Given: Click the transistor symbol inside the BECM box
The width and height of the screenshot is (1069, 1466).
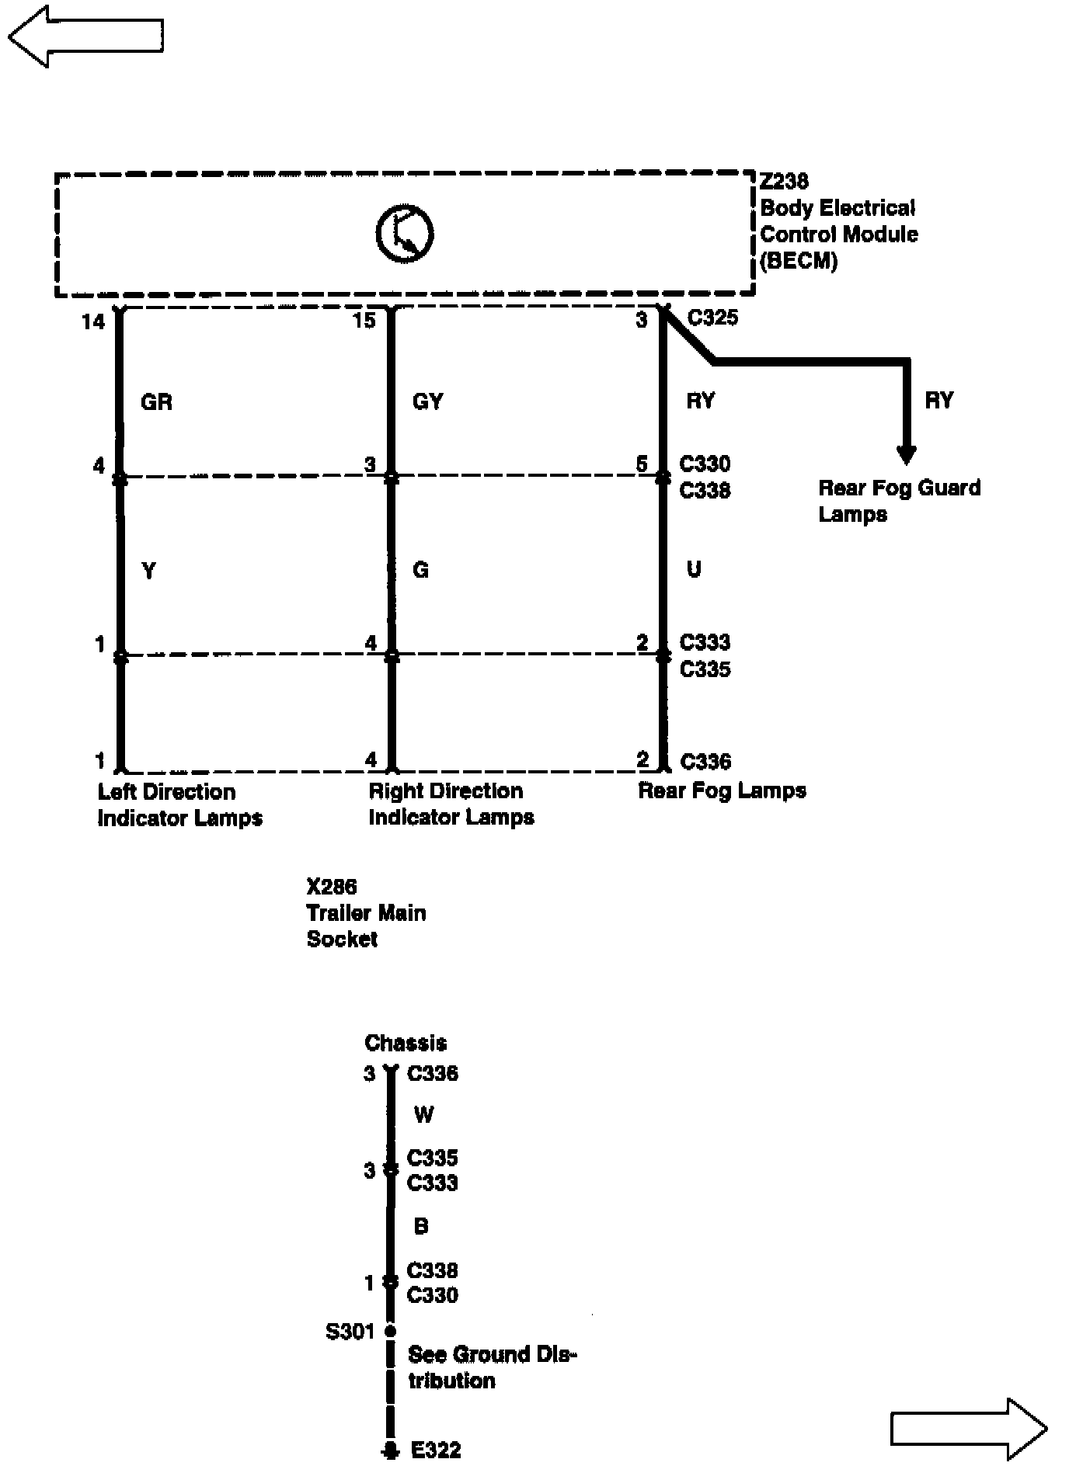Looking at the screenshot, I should tap(404, 234).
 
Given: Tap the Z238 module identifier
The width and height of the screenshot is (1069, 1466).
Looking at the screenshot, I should tap(784, 181).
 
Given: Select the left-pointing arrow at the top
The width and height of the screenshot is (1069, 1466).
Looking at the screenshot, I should tap(85, 36).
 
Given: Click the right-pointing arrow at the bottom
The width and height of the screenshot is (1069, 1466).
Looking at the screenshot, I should tap(968, 1429).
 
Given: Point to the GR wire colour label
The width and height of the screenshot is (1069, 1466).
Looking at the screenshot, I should tap(156, 401).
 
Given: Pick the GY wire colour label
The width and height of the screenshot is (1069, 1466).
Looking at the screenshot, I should tap(427, 401).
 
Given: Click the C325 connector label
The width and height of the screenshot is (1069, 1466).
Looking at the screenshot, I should tap(712, 318).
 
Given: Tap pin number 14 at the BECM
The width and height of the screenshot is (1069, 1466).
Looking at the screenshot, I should tap(93, 321).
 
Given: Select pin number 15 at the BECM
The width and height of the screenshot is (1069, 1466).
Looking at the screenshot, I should tap(364, 320).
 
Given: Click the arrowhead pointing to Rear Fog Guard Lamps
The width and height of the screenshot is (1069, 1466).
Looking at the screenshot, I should tap(906, 454).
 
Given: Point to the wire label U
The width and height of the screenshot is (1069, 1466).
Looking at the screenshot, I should tap(694, 569).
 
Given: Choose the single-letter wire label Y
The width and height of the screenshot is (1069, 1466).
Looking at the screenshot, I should tap(148, 571).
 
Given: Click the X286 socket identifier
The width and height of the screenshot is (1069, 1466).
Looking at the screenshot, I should tap(332, 887).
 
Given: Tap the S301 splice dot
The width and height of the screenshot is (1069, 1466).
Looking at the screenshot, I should tap(391, 1332).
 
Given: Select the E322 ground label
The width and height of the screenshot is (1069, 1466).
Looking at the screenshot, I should tap(436, 1450).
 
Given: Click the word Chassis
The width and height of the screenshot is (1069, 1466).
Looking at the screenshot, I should tap(406, 1042).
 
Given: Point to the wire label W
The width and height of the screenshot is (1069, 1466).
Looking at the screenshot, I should tap(423, 1115).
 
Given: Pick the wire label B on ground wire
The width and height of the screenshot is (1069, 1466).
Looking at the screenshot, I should tap(421, 1226).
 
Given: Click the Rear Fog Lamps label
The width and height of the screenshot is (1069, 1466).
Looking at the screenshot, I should tap(722, 790).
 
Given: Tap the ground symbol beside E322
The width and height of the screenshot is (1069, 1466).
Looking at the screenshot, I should tap(390, 1450).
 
